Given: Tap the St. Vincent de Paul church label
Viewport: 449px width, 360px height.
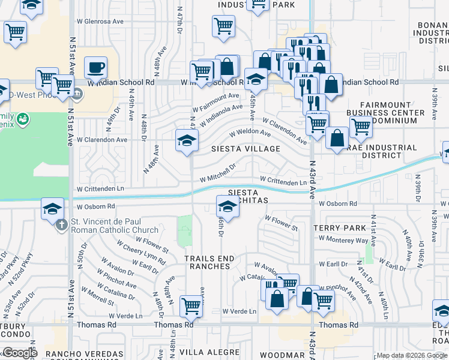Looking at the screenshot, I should click(115, 226).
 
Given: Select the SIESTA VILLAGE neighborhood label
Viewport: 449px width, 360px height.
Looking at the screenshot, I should click(246, 148).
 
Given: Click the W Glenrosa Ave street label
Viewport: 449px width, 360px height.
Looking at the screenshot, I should click(100, 37).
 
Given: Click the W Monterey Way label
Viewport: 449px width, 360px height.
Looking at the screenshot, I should click(343, 239).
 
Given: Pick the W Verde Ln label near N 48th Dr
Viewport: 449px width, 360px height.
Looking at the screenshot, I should click(125, 316).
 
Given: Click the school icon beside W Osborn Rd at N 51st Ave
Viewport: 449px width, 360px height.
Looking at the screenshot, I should click(52, 209).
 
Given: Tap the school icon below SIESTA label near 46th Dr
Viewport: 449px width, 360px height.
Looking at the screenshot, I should click(228, 207).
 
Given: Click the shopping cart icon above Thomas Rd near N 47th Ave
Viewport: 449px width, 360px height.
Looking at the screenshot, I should click(191, 305).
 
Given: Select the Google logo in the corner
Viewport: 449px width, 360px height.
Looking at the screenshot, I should click(19, 353).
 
